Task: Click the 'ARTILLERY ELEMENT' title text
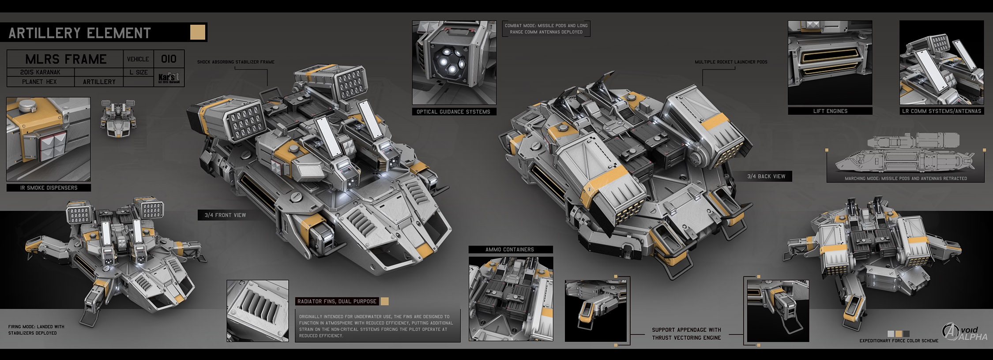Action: coord(79,33)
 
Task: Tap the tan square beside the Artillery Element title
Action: coord(198,32)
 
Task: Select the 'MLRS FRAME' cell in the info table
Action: coord(66,59)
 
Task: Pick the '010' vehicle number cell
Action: coord(169,59)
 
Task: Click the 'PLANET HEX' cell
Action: coord(39,82)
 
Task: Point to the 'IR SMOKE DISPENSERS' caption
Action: coord(49,188)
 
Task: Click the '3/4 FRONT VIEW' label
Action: coord(225,215)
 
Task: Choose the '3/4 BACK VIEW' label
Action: coord(766,176)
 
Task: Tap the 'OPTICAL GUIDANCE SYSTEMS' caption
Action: coord(453,112)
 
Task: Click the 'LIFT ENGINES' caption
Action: coord(830,111)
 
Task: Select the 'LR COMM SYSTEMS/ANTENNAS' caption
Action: coord(941,111)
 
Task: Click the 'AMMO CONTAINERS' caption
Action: coord(510,250)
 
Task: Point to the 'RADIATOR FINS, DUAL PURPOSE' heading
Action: coord(337,302)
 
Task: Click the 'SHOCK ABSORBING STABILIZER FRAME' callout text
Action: coord(236,62)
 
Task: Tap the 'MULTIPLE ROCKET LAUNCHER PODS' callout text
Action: coord(731,62)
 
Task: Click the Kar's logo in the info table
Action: coord(169,79)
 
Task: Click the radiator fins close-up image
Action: coord(257,311)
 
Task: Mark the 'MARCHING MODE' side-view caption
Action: coord(906,179)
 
